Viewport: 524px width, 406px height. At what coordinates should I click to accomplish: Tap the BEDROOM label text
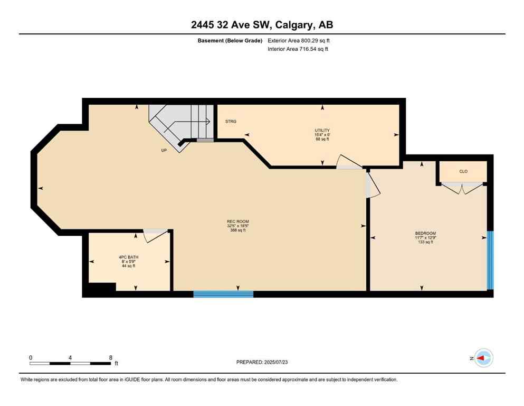coord(425,233)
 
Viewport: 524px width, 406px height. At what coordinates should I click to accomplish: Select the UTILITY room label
coord(322,130)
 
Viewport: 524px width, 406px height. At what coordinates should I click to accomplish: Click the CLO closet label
coord(463,171)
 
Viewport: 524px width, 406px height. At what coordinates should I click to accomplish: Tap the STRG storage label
coord(231,122)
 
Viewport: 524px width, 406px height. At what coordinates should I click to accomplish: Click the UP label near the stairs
coord(164,150)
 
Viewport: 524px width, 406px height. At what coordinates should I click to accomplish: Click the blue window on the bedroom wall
coord(490,260)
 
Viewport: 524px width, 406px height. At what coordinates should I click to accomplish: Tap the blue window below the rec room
coord(223,294)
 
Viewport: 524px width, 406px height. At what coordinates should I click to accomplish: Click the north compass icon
coord(483,358)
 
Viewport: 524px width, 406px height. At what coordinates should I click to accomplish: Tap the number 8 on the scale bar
coord(110,357)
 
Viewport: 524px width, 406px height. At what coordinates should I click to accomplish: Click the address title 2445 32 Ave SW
coord(262,24)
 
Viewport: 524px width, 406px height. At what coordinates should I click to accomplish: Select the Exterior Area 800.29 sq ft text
coord(299,41)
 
